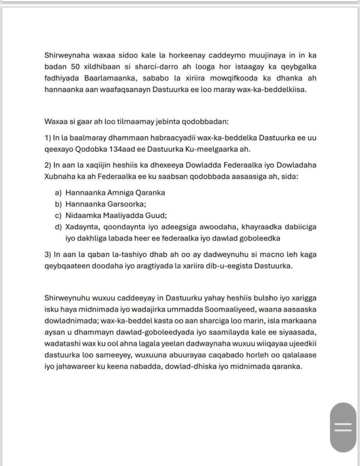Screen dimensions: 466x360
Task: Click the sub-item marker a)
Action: (58, 192)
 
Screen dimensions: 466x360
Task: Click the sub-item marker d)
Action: (58, 227)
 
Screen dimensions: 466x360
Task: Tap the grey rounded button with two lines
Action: (343, 427)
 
